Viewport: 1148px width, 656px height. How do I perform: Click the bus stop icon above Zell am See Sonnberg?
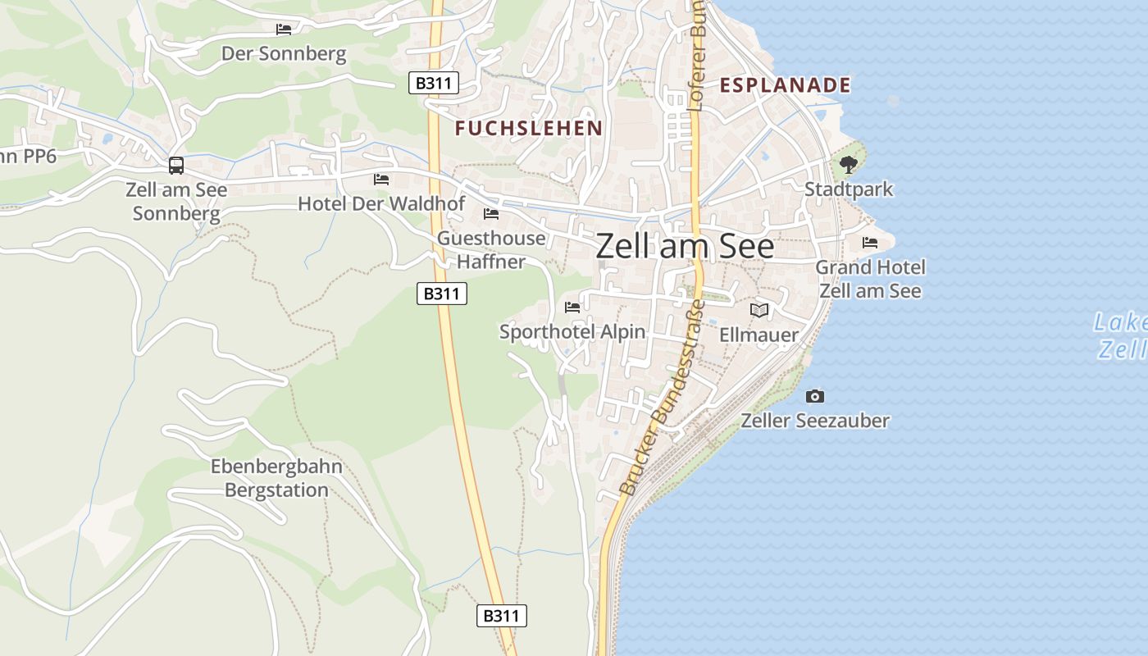pyautogui.click(x=176, y=166)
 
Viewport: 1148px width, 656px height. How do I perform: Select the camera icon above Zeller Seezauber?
pyautogui.click(x=814, y=397)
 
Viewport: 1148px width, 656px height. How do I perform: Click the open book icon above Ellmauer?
pyautogui.click(x=759, y=311)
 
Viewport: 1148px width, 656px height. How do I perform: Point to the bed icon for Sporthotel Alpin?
pyautogui.click(x=572, y=307)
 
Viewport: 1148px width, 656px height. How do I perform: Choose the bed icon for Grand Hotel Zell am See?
pyautogui.click(x=870, y=243)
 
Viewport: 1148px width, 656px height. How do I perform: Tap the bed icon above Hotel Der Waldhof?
pyautogui.click(x=381, y=180)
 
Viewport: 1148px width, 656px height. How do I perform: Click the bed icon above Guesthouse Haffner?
pyautogui.click(x=491, y=215)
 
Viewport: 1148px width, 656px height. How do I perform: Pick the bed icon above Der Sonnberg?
pyautogui.click(x=284, y=30)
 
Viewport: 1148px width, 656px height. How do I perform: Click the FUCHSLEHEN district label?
pyautogui.click(x=529, y=128)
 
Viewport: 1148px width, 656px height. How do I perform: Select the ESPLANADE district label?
pyautogui.click(x=785, y=85)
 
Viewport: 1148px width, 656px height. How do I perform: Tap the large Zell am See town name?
pyautogui.click(x=685, y=246)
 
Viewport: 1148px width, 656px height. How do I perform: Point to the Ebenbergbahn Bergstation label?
pyautogui.click(x=276, y=478)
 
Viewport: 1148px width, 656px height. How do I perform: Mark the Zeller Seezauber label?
pyautogui.click(x=815, y=421)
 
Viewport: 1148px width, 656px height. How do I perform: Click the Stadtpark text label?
pyautogui.click(x=849, y=189)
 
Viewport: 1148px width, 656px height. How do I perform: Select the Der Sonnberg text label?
pyautogui.click(x=284, y=55)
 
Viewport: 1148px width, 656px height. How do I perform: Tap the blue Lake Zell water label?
pyautogui.click(x=1121, y=335)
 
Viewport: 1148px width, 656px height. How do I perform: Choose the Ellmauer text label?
pyautogui.click(x=758, y=335)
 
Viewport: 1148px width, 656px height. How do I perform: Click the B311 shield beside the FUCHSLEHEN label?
pyautogui.click(x=434, y=83)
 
